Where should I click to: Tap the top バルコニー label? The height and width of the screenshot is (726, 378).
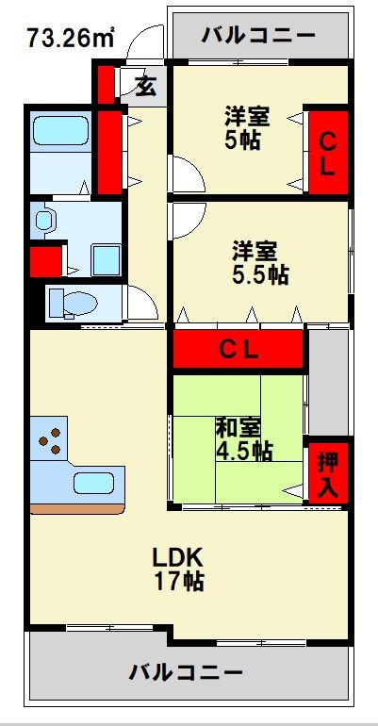pyautogui.click(x=258, y=37)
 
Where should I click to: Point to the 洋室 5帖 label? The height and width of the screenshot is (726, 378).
pyautogui.click(x=246, y=129)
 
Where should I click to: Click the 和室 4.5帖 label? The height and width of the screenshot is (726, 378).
pyautogui.click(x=244, y=439)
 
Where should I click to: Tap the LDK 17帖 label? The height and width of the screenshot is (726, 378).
pyautogui.click(x=179, y=568)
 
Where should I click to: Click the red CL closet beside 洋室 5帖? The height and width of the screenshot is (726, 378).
pyautogui.click(x=326, y=154)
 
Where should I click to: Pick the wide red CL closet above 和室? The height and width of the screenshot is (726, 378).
pyautogui.click(x=238, y=350)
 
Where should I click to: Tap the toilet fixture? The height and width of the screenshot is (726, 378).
pyautogui.click(x=70, y=304)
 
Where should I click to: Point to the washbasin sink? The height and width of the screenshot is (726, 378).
pyautogui.click(x=44, y=222)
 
